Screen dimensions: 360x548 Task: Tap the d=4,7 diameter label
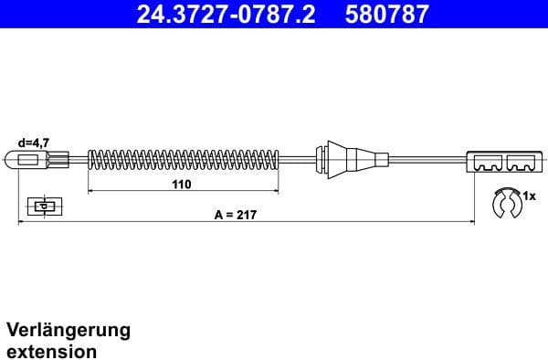pyautogui.click(x=34, y=143)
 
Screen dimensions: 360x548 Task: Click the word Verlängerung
pyautogui.click(x=68, y=330)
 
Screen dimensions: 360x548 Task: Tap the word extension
pyautogui.click(x=51, y=350)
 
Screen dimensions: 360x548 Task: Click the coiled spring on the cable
pyautogui.click(x=183, y=162)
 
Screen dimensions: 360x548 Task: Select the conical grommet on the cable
pyautogui.click(x=337, y=161)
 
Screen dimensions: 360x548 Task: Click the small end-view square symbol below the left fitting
pyautogui.click(x=42, y=205)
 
